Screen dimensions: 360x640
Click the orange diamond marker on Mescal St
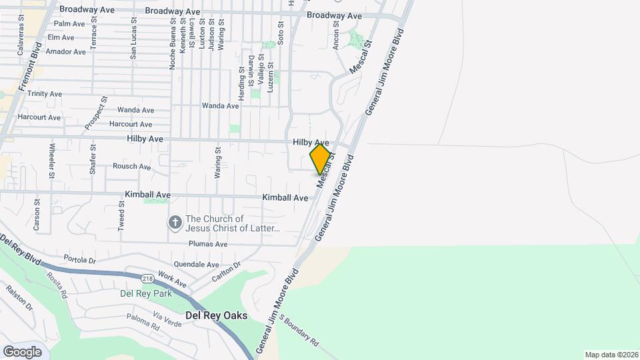point(321,159)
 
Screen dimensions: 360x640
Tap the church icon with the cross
point(175,223)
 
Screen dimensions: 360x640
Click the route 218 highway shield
point(148,277)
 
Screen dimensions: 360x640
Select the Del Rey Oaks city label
point(217,315)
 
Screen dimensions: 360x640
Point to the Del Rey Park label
point(145,293)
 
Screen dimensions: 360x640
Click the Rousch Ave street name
point(132,167)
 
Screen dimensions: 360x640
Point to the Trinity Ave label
point(45,94)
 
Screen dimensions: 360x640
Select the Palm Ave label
point(70,24)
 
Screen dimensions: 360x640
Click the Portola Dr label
point(80,259)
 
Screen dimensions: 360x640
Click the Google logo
point(22,352)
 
